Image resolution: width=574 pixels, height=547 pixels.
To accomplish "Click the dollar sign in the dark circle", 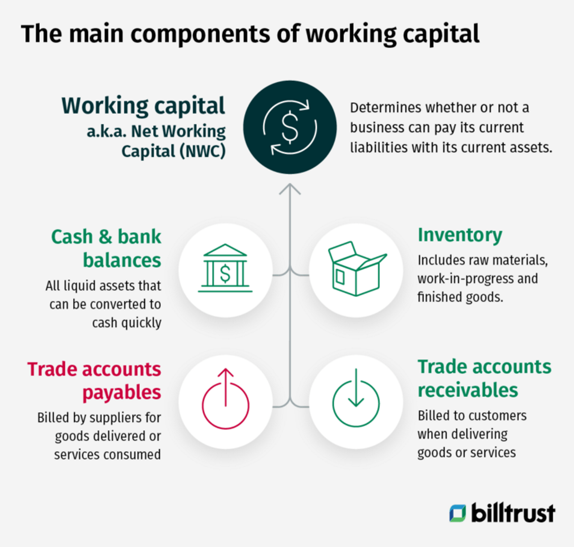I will (x=290, y=127).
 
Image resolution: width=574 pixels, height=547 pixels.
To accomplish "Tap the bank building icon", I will (x=225, y=269).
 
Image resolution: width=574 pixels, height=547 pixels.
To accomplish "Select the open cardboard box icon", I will (x=357, y=269).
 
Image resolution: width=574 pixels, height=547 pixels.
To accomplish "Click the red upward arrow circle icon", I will (x=226, y=399).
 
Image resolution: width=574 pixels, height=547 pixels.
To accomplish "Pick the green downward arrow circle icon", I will (x=356, y=399).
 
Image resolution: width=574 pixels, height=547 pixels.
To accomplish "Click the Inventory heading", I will (x=460, y=235).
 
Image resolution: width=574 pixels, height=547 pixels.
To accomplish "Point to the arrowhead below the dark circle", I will (x=290, y=189).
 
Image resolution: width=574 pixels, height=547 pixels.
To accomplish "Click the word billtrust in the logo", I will (x=513, y=513).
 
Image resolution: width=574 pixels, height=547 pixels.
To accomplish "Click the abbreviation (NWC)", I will (x=203, y=151).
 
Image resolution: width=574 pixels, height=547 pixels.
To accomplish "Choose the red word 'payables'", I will (x=122, y=393).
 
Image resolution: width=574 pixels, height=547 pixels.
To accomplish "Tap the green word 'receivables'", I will (x=468, y=390).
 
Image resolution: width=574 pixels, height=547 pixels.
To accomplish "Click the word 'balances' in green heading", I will (x=122, y=260).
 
